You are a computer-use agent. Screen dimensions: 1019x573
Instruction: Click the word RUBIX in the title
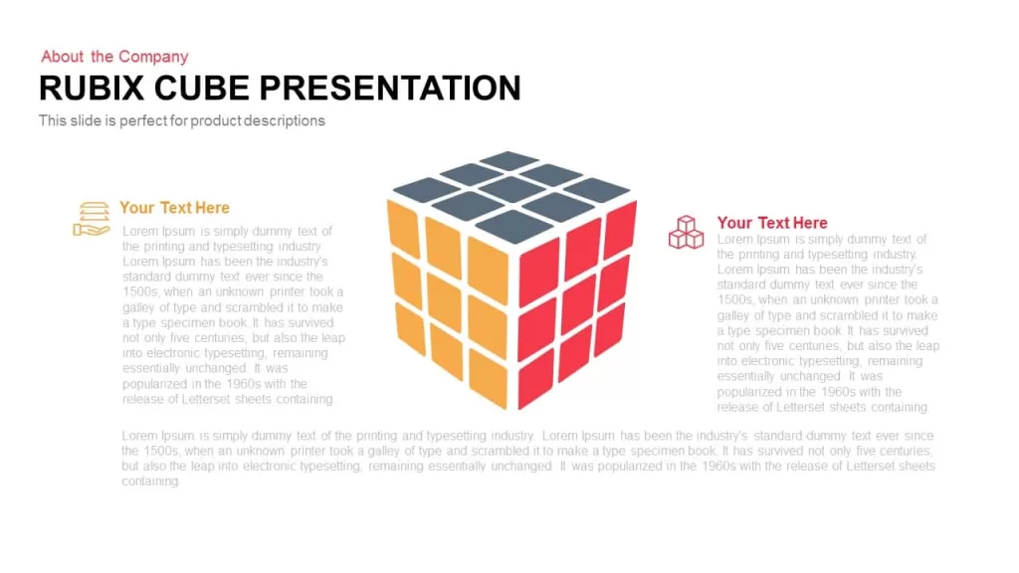(92, 89)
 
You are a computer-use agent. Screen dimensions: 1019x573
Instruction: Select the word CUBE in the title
(201, 89)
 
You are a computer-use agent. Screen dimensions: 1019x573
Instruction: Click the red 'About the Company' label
(114, 57)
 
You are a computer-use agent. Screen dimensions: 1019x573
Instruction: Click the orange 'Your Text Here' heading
(174, 208)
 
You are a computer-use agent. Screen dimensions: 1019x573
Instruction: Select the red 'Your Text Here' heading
(772, 223)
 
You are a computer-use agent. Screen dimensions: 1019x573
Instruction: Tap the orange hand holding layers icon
(91, 219)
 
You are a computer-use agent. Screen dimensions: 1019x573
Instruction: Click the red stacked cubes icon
(687, 233)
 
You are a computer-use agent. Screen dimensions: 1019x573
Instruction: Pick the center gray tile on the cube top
(512, 190)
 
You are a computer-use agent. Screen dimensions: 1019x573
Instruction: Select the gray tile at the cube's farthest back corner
(509, 160)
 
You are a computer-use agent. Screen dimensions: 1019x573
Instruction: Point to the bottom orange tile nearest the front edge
(488, 378)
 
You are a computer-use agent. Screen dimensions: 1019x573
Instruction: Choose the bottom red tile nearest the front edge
(536, 378)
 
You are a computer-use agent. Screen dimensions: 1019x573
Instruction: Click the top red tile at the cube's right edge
(620, 230)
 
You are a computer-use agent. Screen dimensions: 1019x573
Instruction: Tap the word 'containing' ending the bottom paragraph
(150, 481)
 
